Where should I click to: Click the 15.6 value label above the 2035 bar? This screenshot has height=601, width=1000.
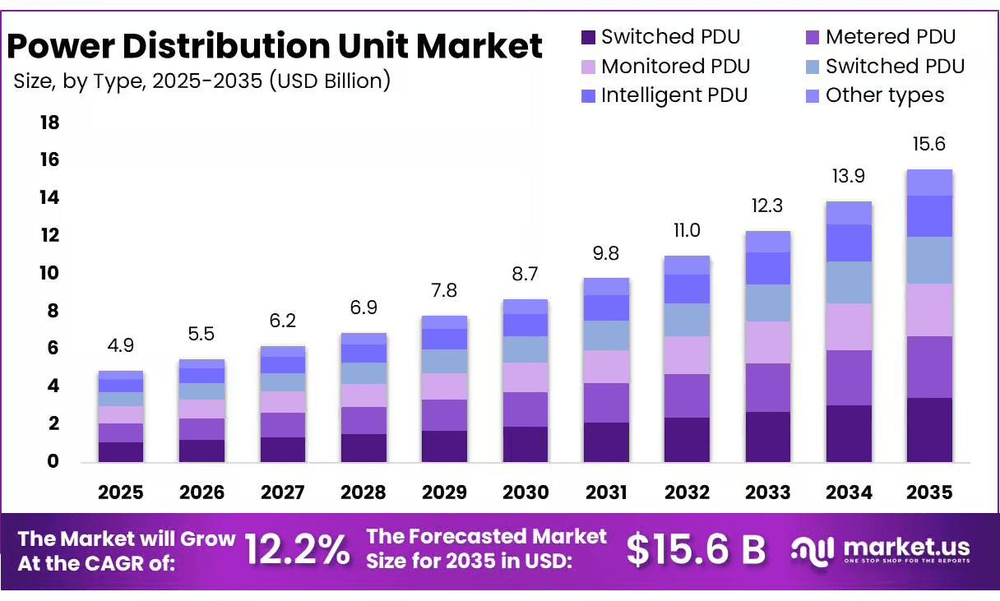coord(929,144)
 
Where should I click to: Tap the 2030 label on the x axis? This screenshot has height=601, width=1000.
coord(525,492)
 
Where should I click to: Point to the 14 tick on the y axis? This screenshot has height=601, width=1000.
coord(49,197)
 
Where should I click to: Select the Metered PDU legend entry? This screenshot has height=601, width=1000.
coord(881,37)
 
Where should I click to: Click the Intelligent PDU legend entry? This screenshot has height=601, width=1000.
coord(664,95)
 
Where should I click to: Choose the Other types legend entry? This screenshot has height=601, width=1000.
coord(875,95)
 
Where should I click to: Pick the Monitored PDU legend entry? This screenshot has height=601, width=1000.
coord(665,66)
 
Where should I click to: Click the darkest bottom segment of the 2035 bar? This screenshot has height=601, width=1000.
coord(929,430)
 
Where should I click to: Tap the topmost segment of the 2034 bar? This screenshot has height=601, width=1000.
coord(849,213)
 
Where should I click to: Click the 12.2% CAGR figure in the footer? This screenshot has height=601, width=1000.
coord(298,549)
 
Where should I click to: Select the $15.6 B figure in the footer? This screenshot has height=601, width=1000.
coord(696,549)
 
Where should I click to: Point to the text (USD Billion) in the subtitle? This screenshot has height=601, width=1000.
coord(330,81)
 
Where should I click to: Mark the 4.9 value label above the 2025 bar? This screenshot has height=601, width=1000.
coord(121,345)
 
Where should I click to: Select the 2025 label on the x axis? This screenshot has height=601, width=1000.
coord(121,492)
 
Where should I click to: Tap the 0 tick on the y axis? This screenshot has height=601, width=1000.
coord(53,461)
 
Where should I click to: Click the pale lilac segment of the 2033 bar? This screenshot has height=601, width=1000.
coord(768,342)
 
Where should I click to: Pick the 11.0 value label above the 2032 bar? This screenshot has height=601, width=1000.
coord(687,231)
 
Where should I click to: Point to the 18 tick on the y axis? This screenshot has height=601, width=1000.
coord(49,123)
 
